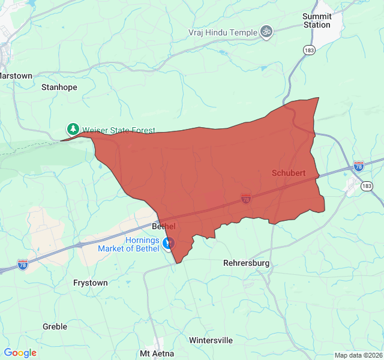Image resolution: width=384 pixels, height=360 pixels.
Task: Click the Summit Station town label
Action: (316, 20)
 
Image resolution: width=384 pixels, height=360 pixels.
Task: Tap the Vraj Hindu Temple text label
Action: (223, 32)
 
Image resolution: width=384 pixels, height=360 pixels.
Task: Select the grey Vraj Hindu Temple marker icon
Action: (266, 32)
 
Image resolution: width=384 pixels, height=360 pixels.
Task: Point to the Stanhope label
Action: (59, 87)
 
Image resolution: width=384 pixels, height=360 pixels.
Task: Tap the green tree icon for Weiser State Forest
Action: (73, 129)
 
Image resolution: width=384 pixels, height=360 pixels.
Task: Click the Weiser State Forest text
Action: (118, 130)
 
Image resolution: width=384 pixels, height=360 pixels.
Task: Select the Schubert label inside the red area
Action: (289, 173)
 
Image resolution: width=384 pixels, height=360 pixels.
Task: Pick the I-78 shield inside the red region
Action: (245, 198)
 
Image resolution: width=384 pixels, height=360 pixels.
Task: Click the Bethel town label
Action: (163, 226)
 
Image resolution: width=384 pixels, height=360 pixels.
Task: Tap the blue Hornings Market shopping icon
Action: (169, 244)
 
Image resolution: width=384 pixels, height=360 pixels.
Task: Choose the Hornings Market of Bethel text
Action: (142, 244)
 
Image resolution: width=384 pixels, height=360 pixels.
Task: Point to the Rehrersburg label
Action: (246, 263)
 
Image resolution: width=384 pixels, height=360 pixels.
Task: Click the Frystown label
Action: (90, 283)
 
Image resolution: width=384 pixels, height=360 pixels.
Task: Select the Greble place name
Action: (55, 326)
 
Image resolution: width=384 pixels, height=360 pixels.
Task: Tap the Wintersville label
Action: (211, 340)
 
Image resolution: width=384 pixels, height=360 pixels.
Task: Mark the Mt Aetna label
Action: (157, 353)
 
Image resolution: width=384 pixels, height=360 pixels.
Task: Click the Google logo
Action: (20, 353)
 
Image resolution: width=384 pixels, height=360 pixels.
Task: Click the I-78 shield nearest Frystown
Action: (22, 264)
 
